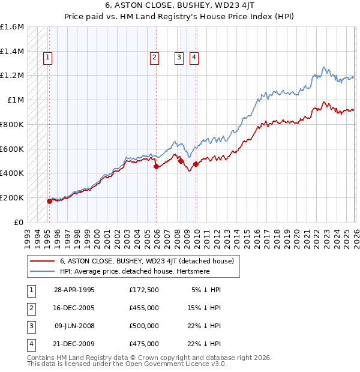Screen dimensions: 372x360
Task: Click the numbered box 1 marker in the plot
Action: [47, 58]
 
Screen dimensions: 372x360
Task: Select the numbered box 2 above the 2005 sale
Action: [154, 58]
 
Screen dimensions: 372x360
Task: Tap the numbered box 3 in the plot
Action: [179, 58]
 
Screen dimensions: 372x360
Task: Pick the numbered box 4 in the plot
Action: [194, 58]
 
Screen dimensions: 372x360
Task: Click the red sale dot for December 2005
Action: [157, 167]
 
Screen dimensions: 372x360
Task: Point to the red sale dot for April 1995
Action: [50, 201]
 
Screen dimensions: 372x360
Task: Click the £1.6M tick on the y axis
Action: [12, 28]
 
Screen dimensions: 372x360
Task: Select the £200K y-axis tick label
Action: [12, 197]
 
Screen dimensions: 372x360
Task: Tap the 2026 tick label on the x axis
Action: [355, 235]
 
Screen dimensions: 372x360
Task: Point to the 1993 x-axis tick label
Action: [28, 235]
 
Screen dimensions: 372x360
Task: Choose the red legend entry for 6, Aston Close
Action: [150, 261]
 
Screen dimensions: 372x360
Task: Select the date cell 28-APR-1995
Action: [74, 289]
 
